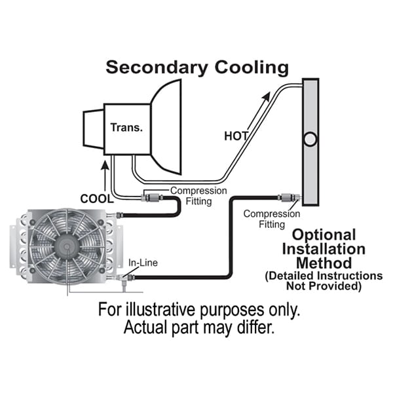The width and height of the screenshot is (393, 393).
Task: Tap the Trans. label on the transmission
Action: (x=126, y=128)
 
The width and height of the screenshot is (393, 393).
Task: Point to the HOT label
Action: (x=236, y=136)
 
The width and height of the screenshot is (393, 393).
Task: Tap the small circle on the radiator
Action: (x=311, y=139)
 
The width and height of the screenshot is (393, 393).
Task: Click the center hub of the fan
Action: (x=66, y=246)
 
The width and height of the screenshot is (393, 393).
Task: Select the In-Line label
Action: (x=142, y=263)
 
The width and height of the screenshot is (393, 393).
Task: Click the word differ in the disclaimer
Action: (x=253, y=327)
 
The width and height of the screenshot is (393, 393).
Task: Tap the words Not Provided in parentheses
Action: (x=324, y=286)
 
